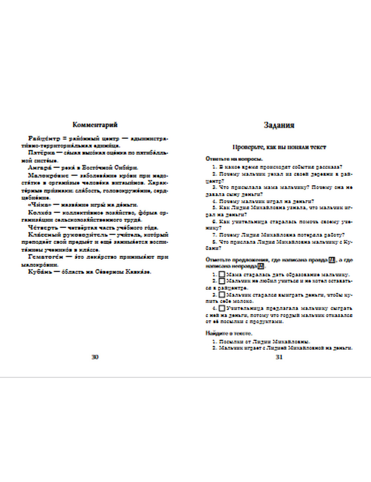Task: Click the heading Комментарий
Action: (x=95, y=125)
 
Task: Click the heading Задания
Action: (x=279, y=125)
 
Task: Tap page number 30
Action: (x=95, y=357)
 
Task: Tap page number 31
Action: (x=279, y=357)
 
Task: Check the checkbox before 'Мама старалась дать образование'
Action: (x=221, y=274)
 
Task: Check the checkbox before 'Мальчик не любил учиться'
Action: (x=221, y=281)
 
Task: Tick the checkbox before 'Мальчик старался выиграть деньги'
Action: (x=221, y=295)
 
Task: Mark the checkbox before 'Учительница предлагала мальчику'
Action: (x=221, y=308)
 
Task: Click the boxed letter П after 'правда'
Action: (x=332, y=260)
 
